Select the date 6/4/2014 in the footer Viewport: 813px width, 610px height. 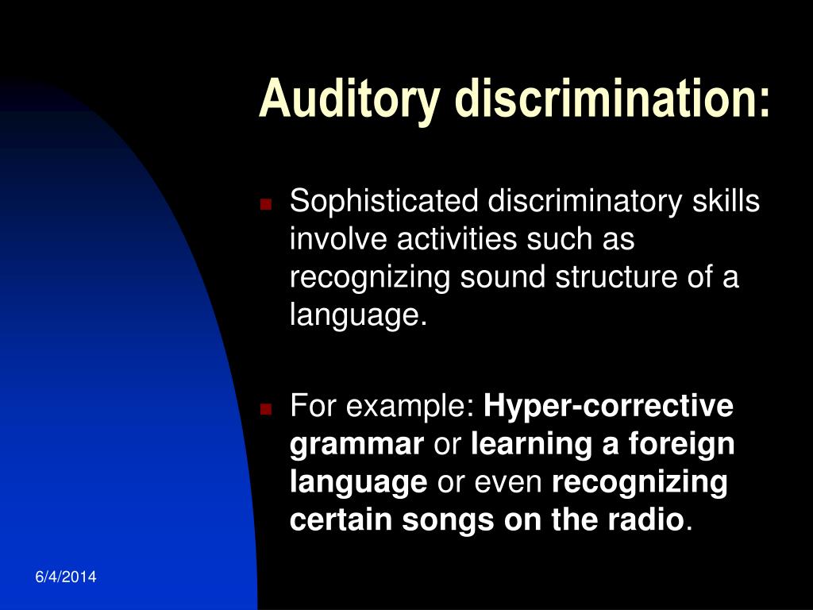click(x=66, y=577)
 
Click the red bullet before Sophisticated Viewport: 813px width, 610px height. click(x=266, y=204)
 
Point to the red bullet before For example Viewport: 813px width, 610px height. click(x=266, y=409)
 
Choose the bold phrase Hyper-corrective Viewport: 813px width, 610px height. click(x=609, y=407)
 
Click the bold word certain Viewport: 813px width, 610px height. click(x=341, y=520)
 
